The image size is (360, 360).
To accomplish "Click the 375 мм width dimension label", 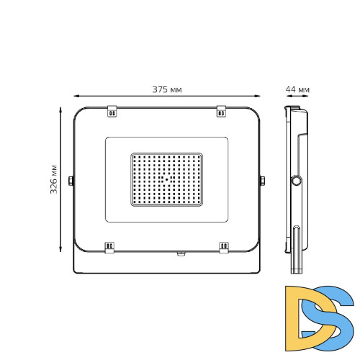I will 166,89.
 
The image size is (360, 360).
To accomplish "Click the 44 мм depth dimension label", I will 297,89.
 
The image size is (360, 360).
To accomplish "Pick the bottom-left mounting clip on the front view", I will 110,246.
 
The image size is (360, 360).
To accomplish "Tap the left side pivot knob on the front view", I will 71,180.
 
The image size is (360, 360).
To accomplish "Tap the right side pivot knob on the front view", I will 261,180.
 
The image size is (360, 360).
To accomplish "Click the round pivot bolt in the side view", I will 296,181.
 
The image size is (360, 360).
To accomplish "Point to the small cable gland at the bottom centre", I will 180,253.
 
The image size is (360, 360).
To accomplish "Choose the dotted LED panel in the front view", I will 166,179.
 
